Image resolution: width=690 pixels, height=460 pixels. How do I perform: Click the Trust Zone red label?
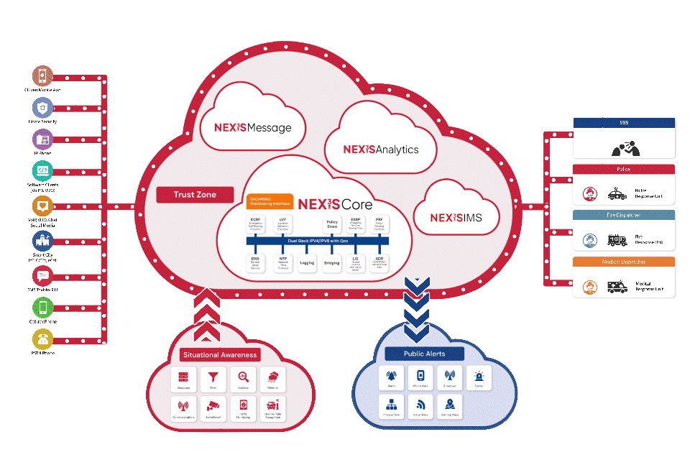[x=195, y=195]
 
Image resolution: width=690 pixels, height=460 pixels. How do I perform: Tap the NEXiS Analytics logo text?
[x=380, y=149]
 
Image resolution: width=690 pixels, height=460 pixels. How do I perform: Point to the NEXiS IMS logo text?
[x=456, y=217]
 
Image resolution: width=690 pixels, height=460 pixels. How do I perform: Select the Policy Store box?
[x=332, y=225]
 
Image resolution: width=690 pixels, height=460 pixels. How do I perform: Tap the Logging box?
[x=307, y=263]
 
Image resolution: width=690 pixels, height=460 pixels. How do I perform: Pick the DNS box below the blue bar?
[x=255, y=262]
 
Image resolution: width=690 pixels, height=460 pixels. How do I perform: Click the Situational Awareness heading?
[x=219, y=355]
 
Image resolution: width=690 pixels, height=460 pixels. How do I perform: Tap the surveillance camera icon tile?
[x=213, y=408]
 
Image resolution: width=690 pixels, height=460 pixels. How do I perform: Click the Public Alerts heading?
[x=424, y=354]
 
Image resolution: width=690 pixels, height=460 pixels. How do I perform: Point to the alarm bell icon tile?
[x=392, y=377]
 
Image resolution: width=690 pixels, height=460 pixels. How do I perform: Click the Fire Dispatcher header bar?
[x=624, y=215]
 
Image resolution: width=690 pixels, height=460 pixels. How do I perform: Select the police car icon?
[x=617, y=194]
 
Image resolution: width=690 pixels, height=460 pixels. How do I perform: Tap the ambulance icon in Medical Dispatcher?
[x=617, y=287]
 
